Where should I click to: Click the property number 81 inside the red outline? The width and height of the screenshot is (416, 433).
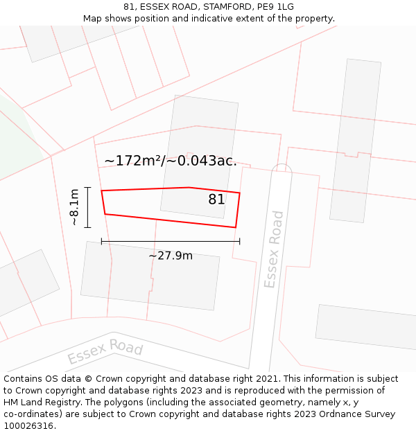216,200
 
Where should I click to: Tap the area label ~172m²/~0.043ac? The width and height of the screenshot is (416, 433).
171,161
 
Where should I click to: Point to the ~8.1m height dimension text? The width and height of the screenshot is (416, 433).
74,207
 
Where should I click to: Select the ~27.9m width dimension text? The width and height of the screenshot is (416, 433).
171,256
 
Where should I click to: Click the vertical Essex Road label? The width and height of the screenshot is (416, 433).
274,249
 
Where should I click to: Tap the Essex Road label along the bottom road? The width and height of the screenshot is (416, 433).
105,352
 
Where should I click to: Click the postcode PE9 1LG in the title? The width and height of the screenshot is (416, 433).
275,7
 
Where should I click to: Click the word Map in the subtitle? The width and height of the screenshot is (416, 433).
94,19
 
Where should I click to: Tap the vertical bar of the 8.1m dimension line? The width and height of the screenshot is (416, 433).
88,207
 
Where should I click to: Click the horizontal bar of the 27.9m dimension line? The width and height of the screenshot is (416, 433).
171,241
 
